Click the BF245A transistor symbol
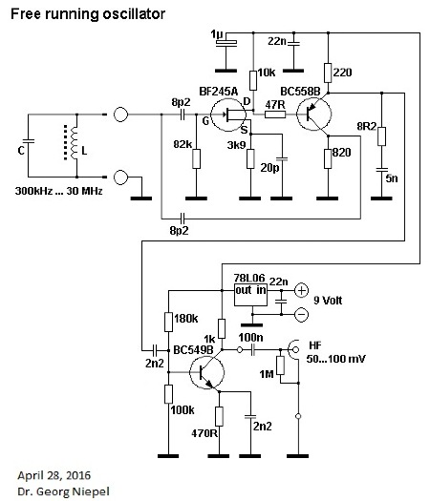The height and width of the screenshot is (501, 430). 228,115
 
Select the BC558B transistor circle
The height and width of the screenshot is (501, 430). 313,114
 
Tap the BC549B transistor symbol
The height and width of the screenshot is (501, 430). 206,372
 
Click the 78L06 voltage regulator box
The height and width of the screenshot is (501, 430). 250,294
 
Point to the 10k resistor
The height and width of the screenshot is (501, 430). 253,80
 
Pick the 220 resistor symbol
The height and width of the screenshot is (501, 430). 328,73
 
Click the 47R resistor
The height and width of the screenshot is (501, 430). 275,115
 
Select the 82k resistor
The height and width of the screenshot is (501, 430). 197,158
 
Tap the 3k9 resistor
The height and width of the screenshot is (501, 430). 250,158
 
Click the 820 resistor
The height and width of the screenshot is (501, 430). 328,158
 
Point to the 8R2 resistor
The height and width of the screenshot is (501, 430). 381,136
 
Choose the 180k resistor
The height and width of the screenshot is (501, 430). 168,323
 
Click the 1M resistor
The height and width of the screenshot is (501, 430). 280,365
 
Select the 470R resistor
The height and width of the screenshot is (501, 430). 219,416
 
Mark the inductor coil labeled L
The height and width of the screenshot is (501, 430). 74,142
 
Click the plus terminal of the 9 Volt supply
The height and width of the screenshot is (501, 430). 301,290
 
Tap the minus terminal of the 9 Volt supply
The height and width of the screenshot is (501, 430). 301,314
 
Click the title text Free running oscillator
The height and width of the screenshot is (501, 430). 88,14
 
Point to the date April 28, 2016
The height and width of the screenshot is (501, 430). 54,475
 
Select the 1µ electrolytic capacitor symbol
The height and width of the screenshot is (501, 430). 226,43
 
